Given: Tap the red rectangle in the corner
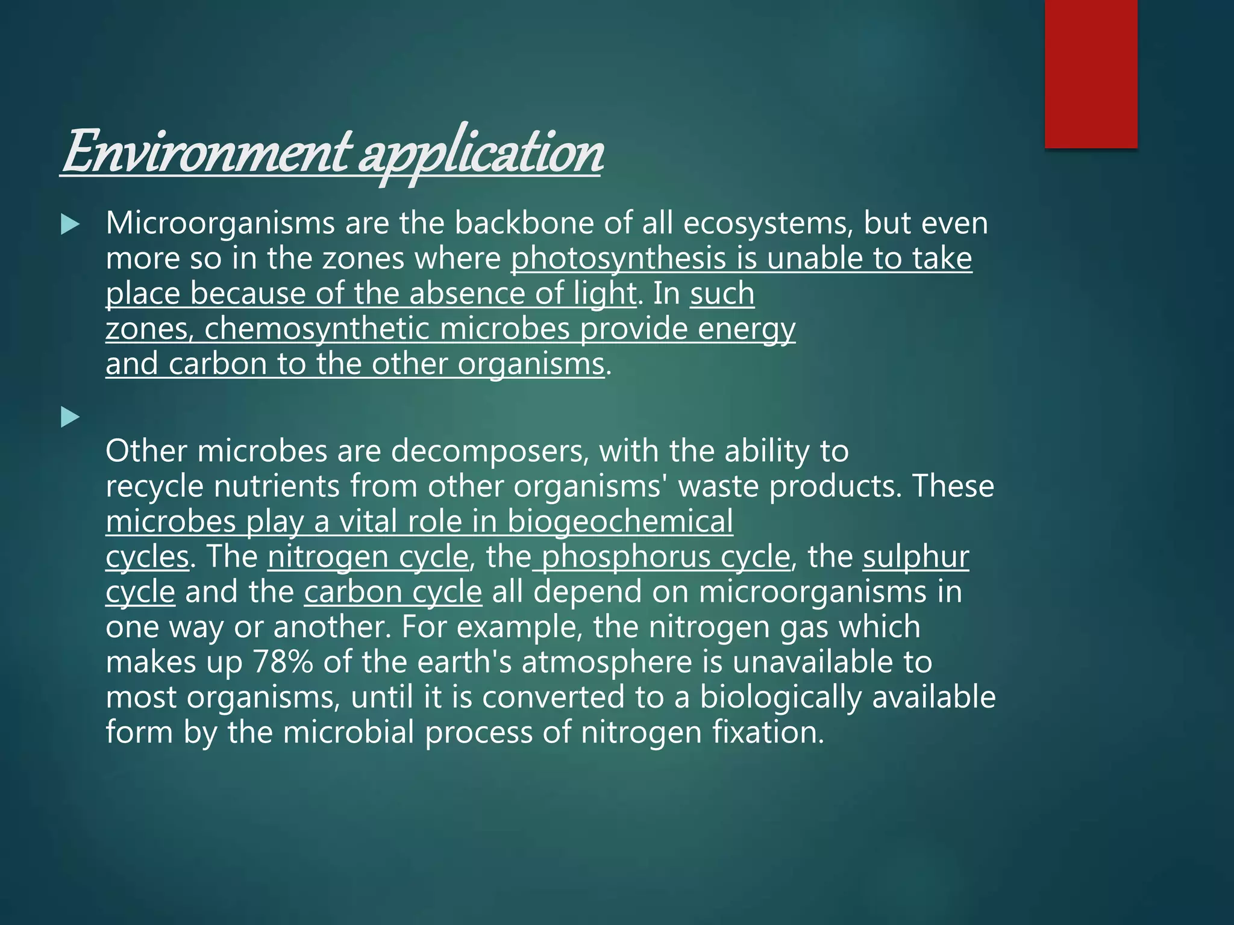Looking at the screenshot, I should click(x=1091, y=73).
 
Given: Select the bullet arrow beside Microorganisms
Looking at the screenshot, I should click(x=70, y=225).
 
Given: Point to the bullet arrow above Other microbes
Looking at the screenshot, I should click(x=70, y=417).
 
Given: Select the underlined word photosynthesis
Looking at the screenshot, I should click(x=618, y=259).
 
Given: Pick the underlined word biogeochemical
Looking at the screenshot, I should click(x=620, y=522).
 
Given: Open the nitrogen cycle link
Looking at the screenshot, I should click(x=368, y=556).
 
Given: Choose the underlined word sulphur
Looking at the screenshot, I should click(x=916, y=556).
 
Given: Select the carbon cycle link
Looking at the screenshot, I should click(x=393, y=592).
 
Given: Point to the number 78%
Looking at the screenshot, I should click(x=283, y=662).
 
